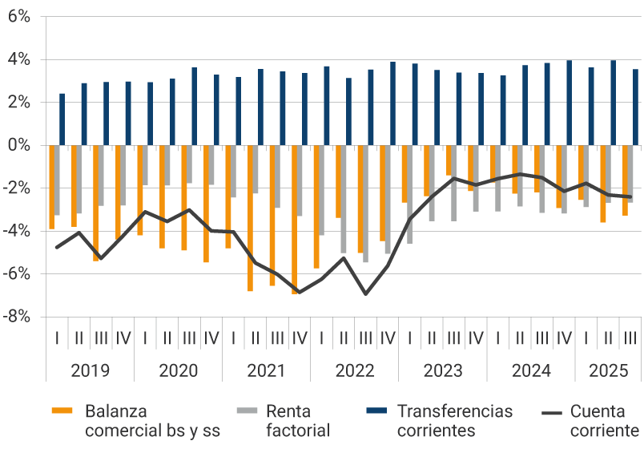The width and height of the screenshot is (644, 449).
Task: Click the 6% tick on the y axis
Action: (x=19, y=17)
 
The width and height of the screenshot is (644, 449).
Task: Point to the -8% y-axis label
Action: (x=18, y=317)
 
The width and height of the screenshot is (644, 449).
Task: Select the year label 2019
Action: (x=90, y=371)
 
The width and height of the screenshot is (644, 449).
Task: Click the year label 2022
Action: (x=354, y=371)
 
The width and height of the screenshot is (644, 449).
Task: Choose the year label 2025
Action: (x=609, y=371)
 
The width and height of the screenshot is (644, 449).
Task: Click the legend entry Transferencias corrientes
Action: (x=453, y=421)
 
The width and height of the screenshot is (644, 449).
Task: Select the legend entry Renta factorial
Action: (x=298, y=421)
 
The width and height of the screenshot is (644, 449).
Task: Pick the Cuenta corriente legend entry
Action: (x=605, y=421)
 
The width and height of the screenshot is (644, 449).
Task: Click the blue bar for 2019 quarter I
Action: (x=62, y=119)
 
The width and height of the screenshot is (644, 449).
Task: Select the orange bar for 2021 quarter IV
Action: (x=295, y=220)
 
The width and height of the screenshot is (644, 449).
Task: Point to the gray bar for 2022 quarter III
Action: (x=366, y=204)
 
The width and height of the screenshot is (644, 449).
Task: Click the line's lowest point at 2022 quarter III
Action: (x=366, y=294)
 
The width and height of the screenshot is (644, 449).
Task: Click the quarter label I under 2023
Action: (x=409, y=338)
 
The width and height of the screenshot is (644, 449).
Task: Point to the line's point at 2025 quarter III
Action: (x=630, y=196)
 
